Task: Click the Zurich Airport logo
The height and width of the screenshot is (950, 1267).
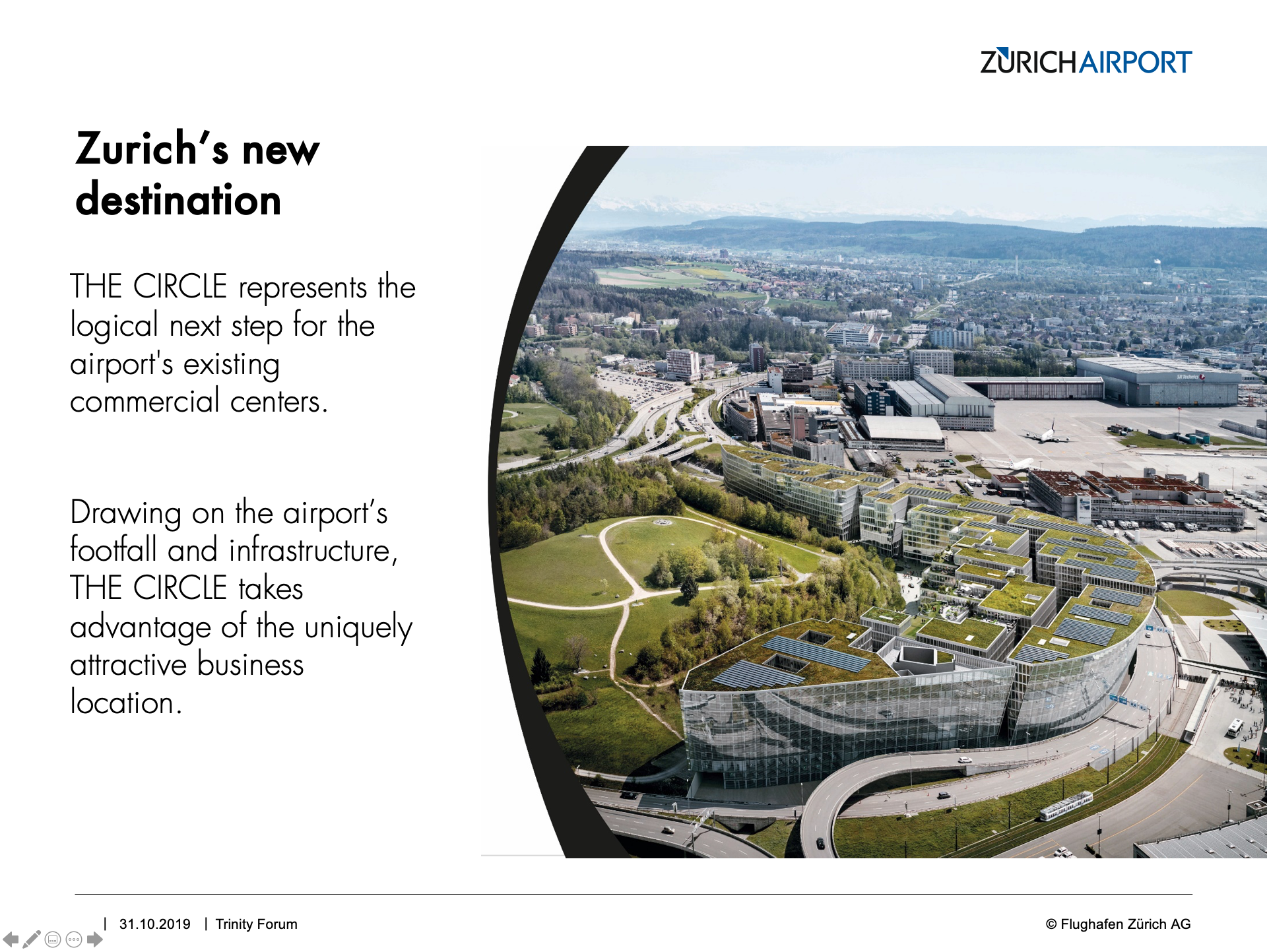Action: tap(1086, 61)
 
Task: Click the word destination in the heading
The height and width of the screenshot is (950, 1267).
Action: tap(178, 199)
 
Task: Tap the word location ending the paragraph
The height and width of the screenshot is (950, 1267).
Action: tap(125, 702)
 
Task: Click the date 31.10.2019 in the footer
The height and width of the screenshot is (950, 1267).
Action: tap(154, 924)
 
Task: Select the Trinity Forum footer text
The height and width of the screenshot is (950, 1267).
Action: tap(256, 924)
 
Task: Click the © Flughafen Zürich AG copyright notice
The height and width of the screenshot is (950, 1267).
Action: tap(1118, 924)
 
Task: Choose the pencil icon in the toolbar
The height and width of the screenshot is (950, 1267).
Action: tap(32, 939)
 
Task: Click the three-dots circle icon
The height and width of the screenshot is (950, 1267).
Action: tap(74, 939)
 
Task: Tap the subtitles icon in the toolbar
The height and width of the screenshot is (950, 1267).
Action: tap(53, 939)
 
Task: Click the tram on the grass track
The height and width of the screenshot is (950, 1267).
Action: tap(1066, 806)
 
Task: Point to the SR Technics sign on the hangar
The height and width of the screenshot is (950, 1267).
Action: tap(1190, 377)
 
